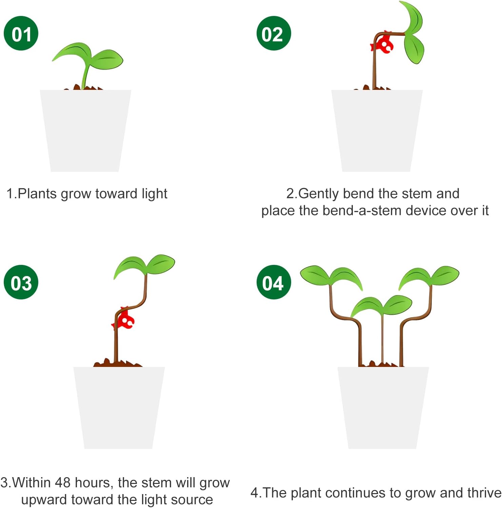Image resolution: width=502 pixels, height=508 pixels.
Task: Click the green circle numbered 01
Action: pos(21,33)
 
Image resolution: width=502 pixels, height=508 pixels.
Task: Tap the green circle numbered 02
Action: pos(274,33)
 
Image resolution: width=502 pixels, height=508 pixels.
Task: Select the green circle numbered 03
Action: pos(21,282)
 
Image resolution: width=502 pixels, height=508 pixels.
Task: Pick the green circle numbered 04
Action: pos(274,282)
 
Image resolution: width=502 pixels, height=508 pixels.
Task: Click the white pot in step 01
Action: pos(85,131)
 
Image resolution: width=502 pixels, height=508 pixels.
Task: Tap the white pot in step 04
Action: pos(383,408)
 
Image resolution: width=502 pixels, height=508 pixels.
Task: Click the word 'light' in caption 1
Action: pos(155,194)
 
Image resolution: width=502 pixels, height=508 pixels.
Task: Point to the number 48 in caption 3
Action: pos(63,483)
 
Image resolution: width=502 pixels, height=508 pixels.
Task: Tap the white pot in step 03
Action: pos(119,408)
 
